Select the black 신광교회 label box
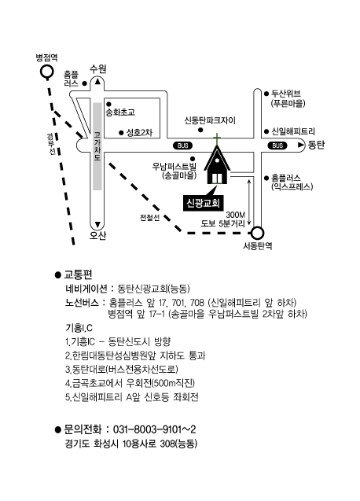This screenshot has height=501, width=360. pos(203,203)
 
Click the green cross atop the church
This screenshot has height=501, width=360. pos(217,139)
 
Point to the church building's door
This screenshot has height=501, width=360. pos(217,179)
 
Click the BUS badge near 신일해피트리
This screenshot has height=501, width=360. pos(277,146)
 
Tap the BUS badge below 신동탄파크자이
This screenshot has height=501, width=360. pos(182,146)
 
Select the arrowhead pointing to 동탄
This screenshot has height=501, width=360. pos(300,145)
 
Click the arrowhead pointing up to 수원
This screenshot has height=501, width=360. pos(97,82)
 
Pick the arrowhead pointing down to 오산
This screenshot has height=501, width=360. pos(97,224)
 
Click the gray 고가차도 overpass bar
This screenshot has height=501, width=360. pos(97,146)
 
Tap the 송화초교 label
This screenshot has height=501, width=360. pos(120,112)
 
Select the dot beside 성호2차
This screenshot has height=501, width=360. pos(121,132)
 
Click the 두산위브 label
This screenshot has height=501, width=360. pos(286,94)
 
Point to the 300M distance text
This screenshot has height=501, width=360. pos(236,215)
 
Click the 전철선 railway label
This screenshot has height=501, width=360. pos(149,218)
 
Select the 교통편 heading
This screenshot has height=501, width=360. pos(79,274)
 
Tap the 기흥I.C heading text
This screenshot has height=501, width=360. pos(79,328)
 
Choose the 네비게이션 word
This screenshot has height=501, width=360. pos(86,289)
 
